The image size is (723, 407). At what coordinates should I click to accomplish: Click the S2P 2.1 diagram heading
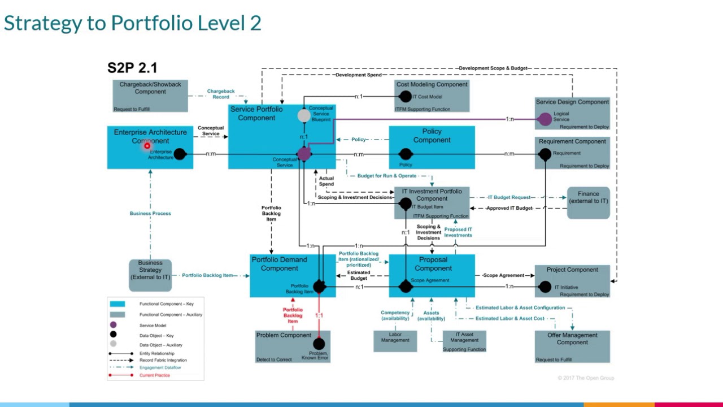[132, 68]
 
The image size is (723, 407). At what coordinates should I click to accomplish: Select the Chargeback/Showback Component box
[150, 96]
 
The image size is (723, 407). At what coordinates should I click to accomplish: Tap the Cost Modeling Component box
[432, 96]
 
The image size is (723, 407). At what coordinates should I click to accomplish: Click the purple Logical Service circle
[545, 119]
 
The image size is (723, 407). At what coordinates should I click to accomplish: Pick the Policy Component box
[432, 147]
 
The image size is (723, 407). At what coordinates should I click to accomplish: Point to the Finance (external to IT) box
[588, 202]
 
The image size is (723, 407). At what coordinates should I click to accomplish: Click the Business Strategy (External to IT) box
[150, 275]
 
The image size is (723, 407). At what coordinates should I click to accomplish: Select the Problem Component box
[293, 347]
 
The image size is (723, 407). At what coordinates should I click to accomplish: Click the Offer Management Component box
[572, 347]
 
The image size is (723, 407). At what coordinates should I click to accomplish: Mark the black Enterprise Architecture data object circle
[180, 154]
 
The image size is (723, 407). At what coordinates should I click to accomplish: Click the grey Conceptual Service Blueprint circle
[304, 116]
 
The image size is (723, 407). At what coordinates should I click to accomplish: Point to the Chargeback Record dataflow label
[221, 94]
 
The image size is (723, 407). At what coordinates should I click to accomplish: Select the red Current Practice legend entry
[154, 375]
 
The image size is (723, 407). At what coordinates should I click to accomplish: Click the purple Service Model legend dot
[114, 325]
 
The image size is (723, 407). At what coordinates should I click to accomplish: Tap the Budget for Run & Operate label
[386, 176]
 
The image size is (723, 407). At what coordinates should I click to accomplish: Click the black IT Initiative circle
[545, 287]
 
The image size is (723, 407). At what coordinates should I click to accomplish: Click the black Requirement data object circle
[545, 154]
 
